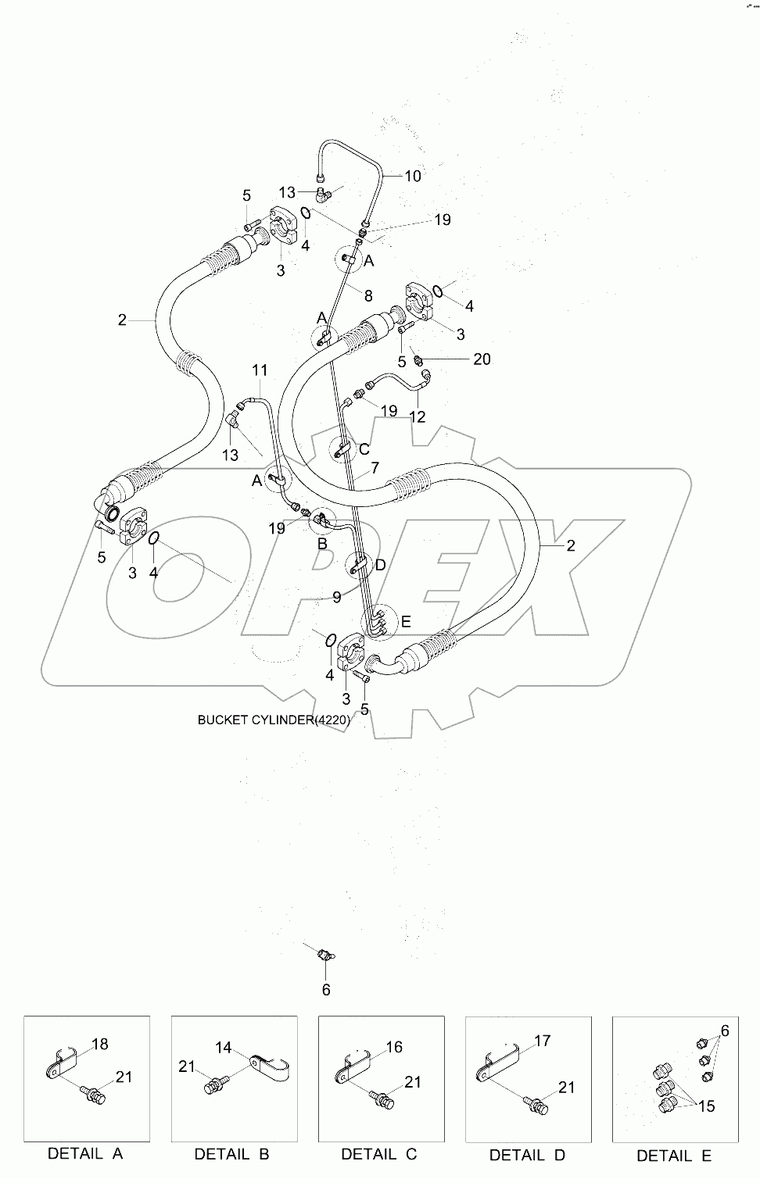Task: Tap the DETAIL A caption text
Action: click(85, 1152)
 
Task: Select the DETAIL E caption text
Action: click(674, 1156)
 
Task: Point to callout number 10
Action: click(412, 176)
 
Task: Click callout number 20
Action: click(482, 359)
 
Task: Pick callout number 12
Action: click(418, 416)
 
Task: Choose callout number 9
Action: click(336, 597)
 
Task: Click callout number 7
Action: click(375, 468)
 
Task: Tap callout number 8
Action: click(367, 295)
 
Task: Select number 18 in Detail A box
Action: click(99, 1044)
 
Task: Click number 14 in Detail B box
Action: click(224, 1048)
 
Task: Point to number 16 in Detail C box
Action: click(394, 1047)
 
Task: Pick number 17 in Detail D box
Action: click(542, 1041)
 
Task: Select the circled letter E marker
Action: click(406, 622)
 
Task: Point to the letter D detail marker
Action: click(380, 565)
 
